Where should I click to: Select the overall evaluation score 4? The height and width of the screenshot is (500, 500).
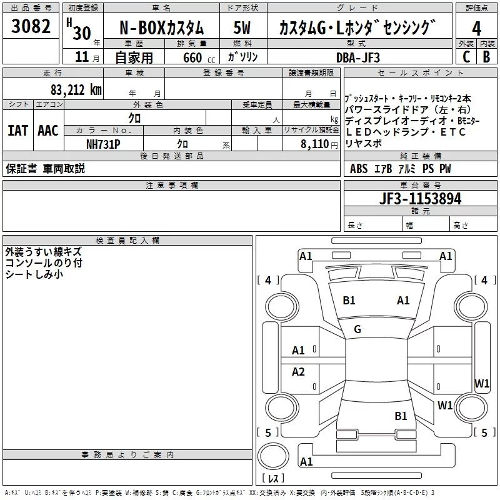pos(477,29)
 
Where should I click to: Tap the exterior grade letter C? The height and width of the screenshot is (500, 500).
pos(466,56)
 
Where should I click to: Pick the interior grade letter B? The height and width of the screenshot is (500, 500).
pos(487,56)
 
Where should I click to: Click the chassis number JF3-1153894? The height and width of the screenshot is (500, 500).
pos(421,199)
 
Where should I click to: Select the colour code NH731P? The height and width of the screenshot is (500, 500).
pos(103,143)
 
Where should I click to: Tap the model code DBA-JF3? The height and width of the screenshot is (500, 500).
pos(357,57)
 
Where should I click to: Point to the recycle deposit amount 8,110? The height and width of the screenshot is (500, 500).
pos(316,144)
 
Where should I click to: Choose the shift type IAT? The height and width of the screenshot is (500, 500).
pos(17,131)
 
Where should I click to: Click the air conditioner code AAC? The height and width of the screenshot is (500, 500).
pos(48,131)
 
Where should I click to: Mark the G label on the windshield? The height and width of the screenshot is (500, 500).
pos(357,329)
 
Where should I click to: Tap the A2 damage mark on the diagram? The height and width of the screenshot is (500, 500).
pos(298,372)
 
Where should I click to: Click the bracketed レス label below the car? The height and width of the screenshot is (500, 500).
pos(272,479)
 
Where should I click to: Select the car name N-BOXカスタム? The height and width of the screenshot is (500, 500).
pos(161,29)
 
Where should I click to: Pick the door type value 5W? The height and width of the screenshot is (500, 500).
pos(242,29)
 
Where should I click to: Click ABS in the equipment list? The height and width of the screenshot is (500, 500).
pos(359,169)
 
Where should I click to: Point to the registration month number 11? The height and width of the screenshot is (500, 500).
pos(81,57)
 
